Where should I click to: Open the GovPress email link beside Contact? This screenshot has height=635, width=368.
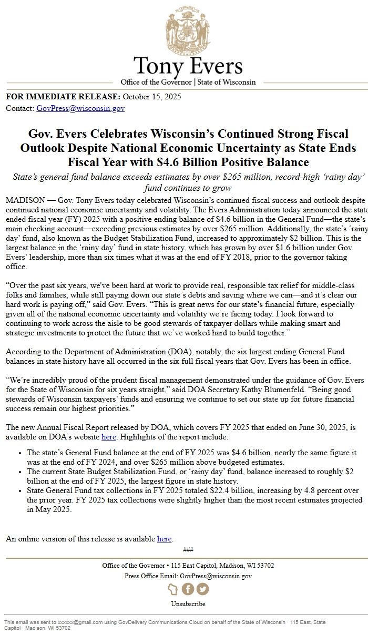coord(80,108)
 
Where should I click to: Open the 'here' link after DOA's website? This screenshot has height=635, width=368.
coord(109,437)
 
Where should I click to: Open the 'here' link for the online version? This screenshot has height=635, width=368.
coord(165,539)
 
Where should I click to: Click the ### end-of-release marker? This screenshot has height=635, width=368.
coord(188,550)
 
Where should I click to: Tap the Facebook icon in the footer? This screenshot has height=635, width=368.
coord(188,589)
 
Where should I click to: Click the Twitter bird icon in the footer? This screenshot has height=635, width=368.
coord(202,589)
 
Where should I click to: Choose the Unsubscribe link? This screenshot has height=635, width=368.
coord(188,604)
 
